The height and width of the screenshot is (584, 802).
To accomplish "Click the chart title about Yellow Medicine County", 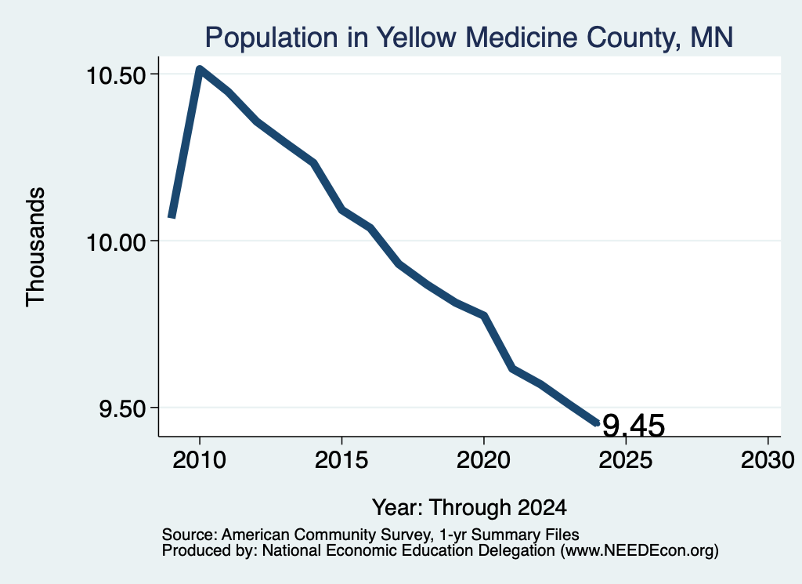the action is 469,38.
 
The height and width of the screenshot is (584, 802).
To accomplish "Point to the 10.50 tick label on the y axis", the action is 117,76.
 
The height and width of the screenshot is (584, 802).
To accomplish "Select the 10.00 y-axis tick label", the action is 117,242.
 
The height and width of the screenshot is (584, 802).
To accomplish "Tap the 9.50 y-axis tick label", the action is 123,409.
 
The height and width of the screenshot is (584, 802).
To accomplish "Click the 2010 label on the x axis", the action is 200,460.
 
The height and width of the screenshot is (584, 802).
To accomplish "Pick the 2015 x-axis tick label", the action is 341,460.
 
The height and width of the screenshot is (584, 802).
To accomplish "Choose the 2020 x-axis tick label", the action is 483,460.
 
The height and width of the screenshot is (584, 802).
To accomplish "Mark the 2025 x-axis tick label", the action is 626,460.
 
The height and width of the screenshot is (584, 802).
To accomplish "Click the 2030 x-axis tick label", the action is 768,460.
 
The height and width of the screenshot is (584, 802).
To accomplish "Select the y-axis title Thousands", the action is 35,247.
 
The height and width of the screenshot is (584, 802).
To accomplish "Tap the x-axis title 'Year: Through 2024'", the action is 470,508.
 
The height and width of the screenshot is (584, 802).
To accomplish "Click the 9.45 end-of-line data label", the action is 634,426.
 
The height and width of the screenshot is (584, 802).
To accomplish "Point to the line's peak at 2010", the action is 200,69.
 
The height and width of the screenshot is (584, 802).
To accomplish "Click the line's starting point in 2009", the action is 172,217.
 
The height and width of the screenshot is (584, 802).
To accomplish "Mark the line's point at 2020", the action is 483,316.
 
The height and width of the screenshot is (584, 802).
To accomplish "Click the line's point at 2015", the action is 341,209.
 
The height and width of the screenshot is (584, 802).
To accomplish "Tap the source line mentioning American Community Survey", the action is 370,535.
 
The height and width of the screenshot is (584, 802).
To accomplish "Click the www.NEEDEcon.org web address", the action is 639,551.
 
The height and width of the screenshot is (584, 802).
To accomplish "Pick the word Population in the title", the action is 272,38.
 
